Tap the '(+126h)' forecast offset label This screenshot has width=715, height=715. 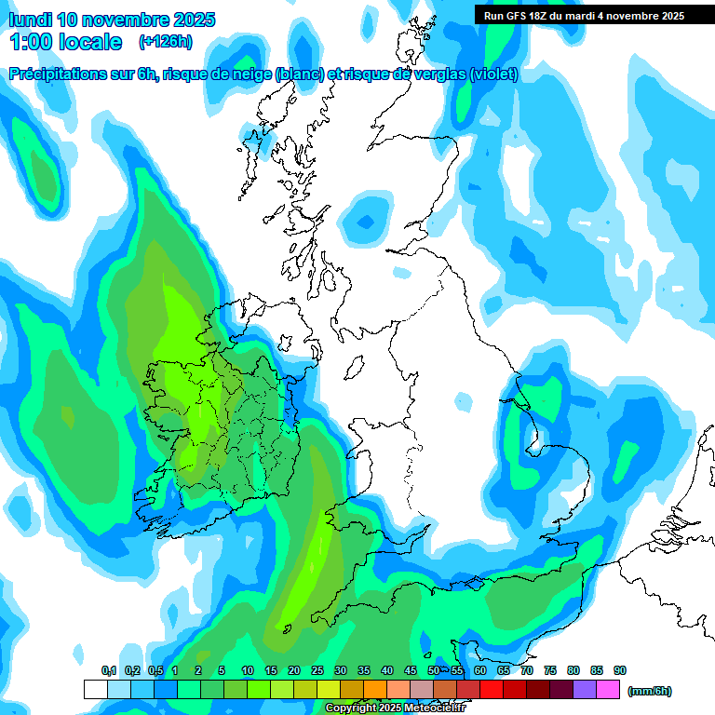pyautogui.click(x=166, y=41)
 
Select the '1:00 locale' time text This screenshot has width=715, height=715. pyautogui.click(x=66, y=42)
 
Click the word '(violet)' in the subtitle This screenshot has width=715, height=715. pyautogui.click(x=491, y=74)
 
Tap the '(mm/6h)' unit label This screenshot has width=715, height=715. pyautogui.click(x=649, y=691)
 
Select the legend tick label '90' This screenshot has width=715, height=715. pyautogui.click(x=620, y=670)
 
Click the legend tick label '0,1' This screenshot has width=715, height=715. pyautogui.click(x=108, y=670)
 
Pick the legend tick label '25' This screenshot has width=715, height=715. pyautogui.click(x=317, y=670)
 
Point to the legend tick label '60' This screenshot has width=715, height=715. pyautogui.click(x=480, y=670)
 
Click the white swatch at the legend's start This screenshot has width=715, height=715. pyautogui.click(x=96, y=690)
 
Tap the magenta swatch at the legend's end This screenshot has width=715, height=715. pyautogui.click(x=608, y=690)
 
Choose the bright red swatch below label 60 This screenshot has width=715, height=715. pyautogui.click(x=492, y=690)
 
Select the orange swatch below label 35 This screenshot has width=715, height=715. pyautogui.click(x=375, y=690)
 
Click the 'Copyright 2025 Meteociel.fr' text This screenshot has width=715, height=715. pyautogui.click(x=396, y=708)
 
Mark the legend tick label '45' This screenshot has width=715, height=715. pyautogui.click(x=411, y=670)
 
